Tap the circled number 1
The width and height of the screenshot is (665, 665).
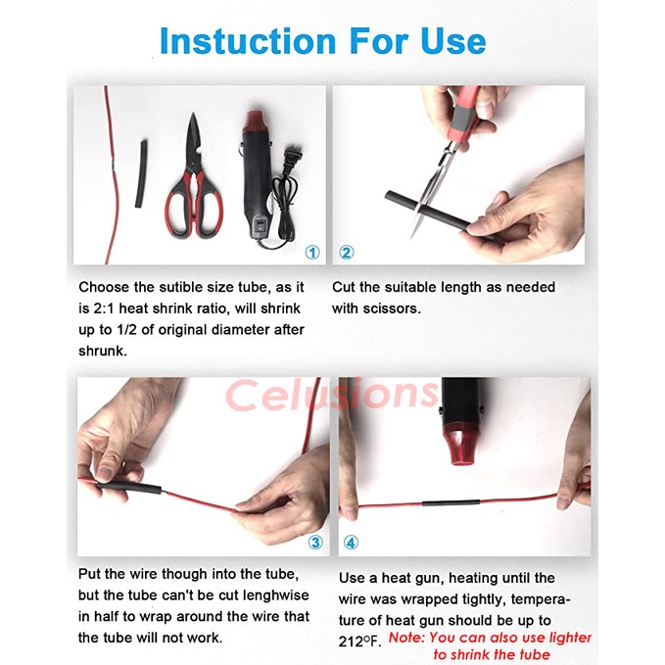(312, 253)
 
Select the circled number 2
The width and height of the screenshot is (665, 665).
(347, 253)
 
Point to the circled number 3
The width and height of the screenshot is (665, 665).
(315, 542)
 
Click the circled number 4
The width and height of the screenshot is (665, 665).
(351, 542)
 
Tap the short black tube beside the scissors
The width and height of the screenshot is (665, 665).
(141, 174)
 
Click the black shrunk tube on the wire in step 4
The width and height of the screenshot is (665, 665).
(451, 503)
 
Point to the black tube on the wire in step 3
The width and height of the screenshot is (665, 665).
(129, 488)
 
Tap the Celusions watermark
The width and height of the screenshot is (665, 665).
(332, 396)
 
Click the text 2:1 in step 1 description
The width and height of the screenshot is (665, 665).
(104, 309)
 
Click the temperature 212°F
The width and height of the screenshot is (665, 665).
(359, 641)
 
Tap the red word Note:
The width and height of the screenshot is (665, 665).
(406, 638)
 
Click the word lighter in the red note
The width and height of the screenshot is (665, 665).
(567, 638)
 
